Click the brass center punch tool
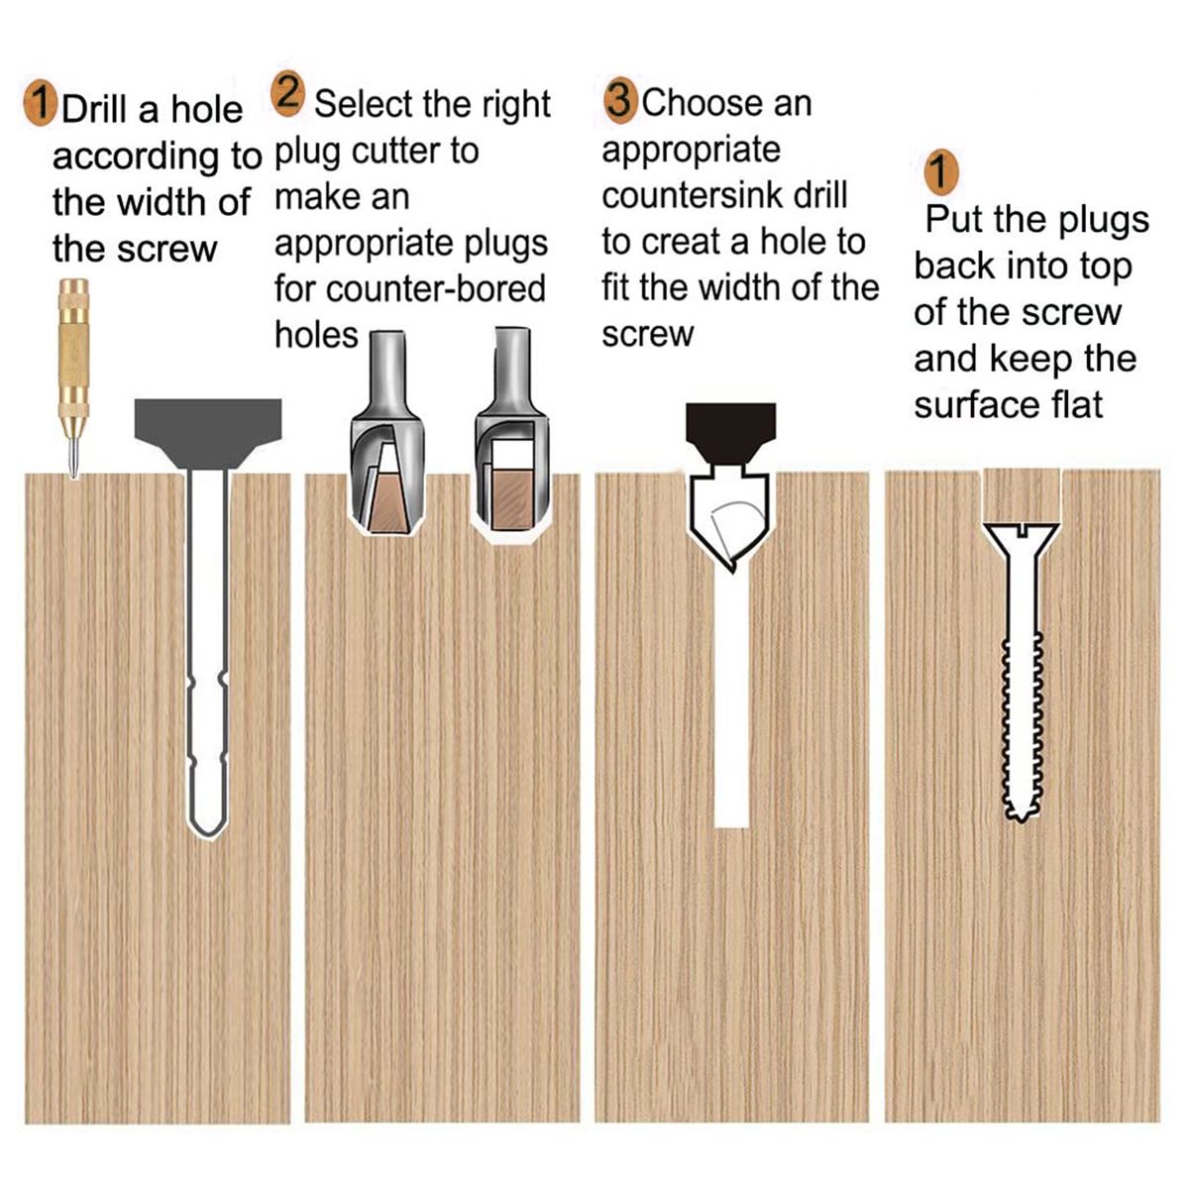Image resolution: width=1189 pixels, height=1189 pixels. coord(73,378)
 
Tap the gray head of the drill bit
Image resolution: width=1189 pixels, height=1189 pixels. coord(208,432)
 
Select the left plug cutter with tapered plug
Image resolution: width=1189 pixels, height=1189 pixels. coord(387,432)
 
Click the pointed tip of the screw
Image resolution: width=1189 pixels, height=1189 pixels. coord(1021,820)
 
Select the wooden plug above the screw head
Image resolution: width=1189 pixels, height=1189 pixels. coord(1022,495)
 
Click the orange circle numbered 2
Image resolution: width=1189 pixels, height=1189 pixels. coord(287,94)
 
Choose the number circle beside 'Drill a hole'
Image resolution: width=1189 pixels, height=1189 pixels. coord(41,105)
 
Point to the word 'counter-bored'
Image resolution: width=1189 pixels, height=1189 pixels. coord(436,288)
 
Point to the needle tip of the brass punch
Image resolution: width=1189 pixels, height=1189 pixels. coord(73,476)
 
